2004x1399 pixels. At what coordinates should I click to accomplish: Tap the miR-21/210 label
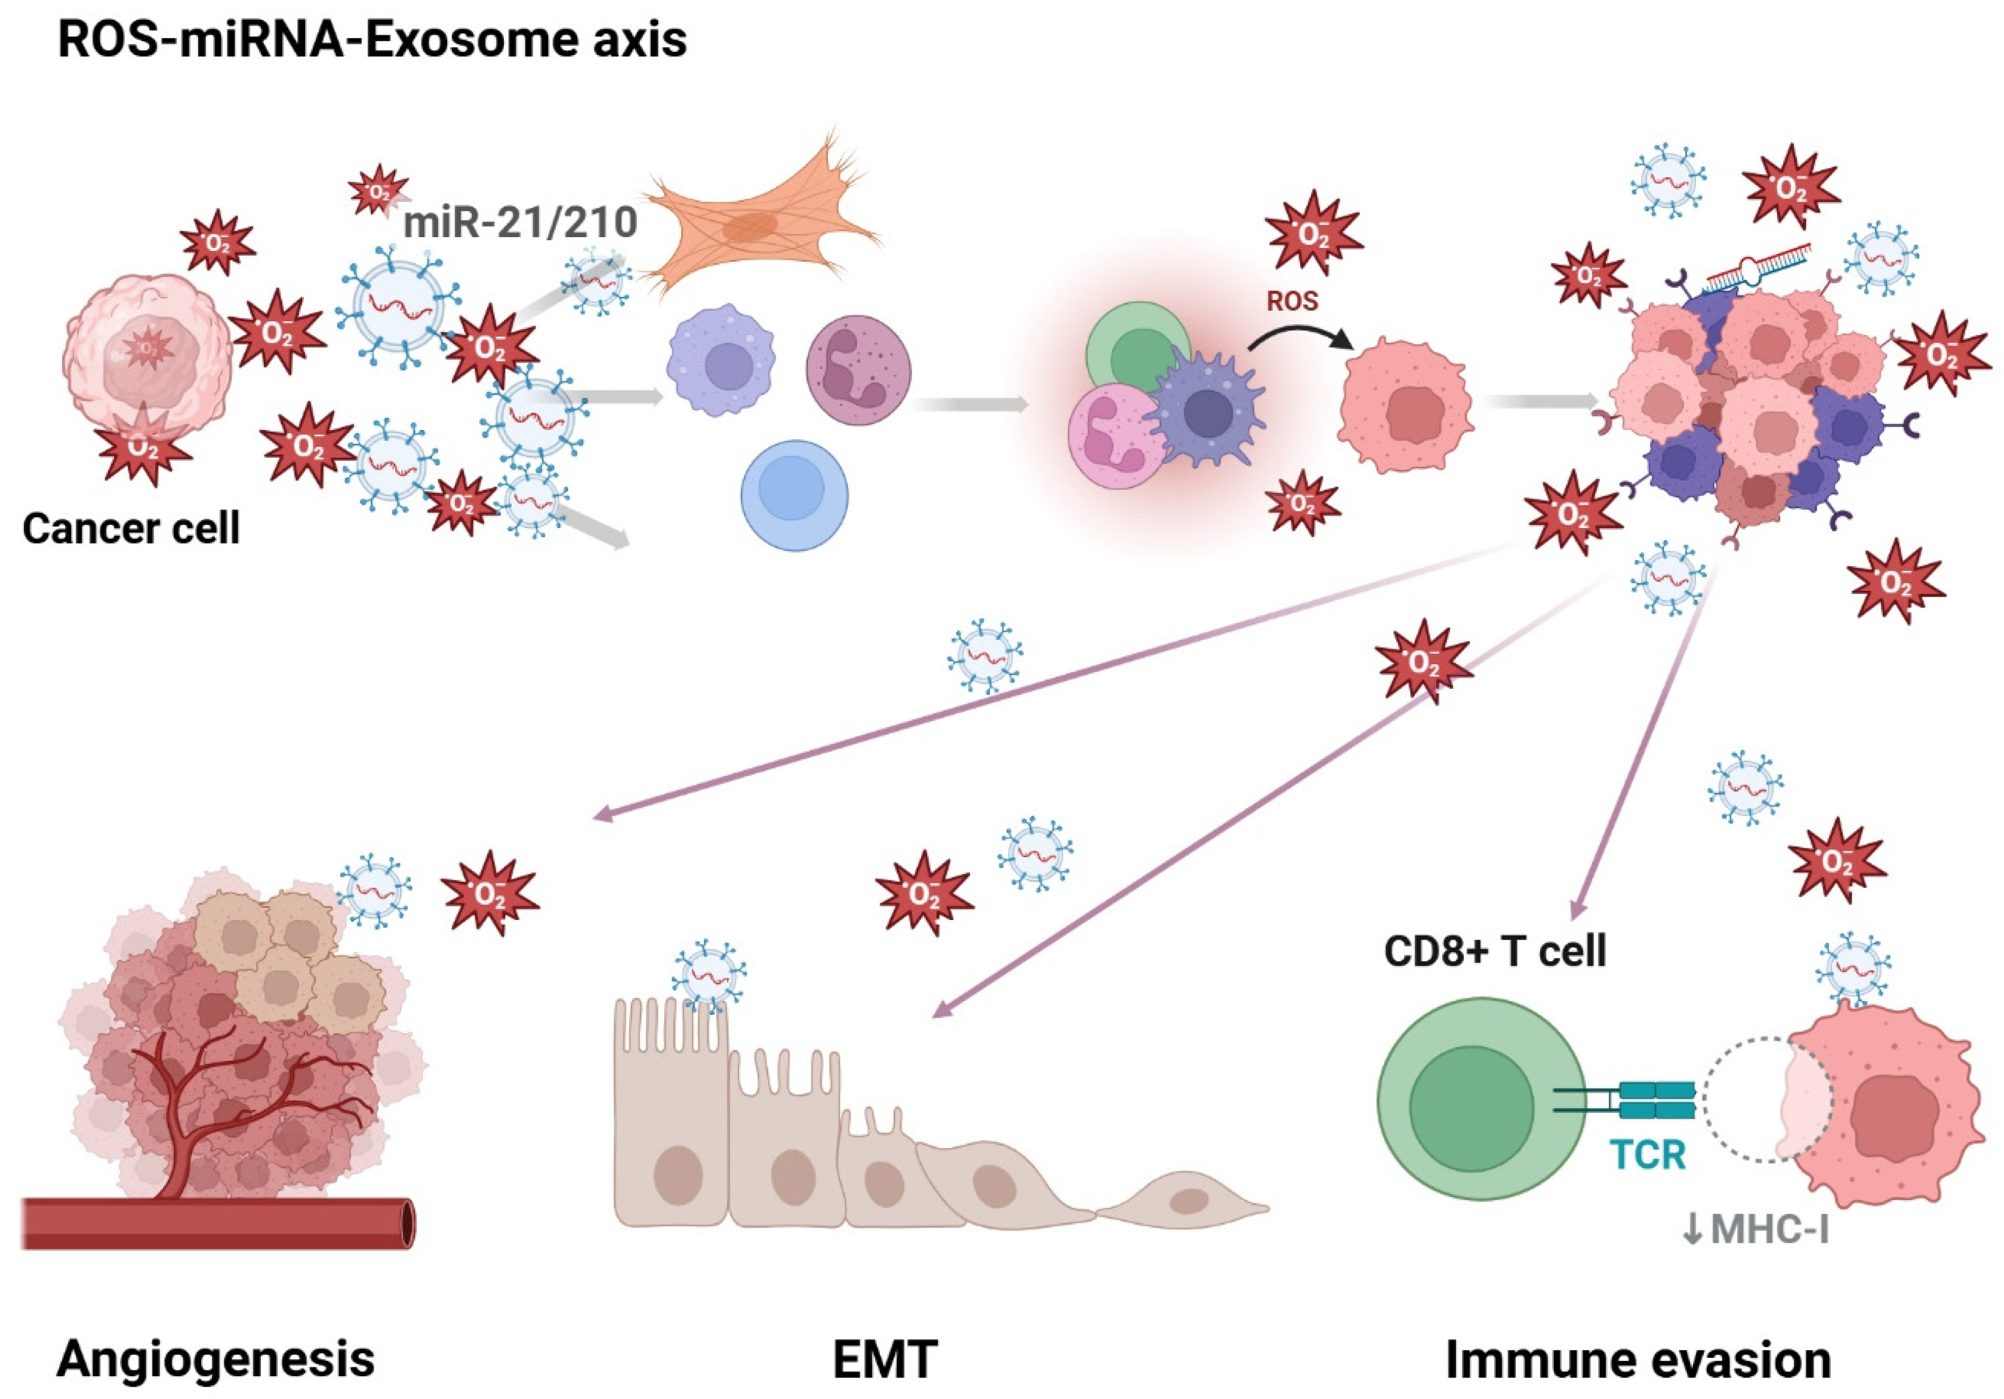pyautogui.click(x=520, y=223)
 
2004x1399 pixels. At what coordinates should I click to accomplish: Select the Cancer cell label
pyautogui.click(x=131, y=528)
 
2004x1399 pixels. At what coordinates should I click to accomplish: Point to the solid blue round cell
pyautogui.click(x=795, y=495)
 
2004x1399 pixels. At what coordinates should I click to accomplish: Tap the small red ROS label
pyautogui.click(x=1292, y=301)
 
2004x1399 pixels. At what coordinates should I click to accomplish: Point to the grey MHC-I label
pyautogui.click(x=1756, y=1229)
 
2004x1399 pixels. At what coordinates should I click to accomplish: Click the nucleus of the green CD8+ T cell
pyautogui.click(x=1472, y=1107)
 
